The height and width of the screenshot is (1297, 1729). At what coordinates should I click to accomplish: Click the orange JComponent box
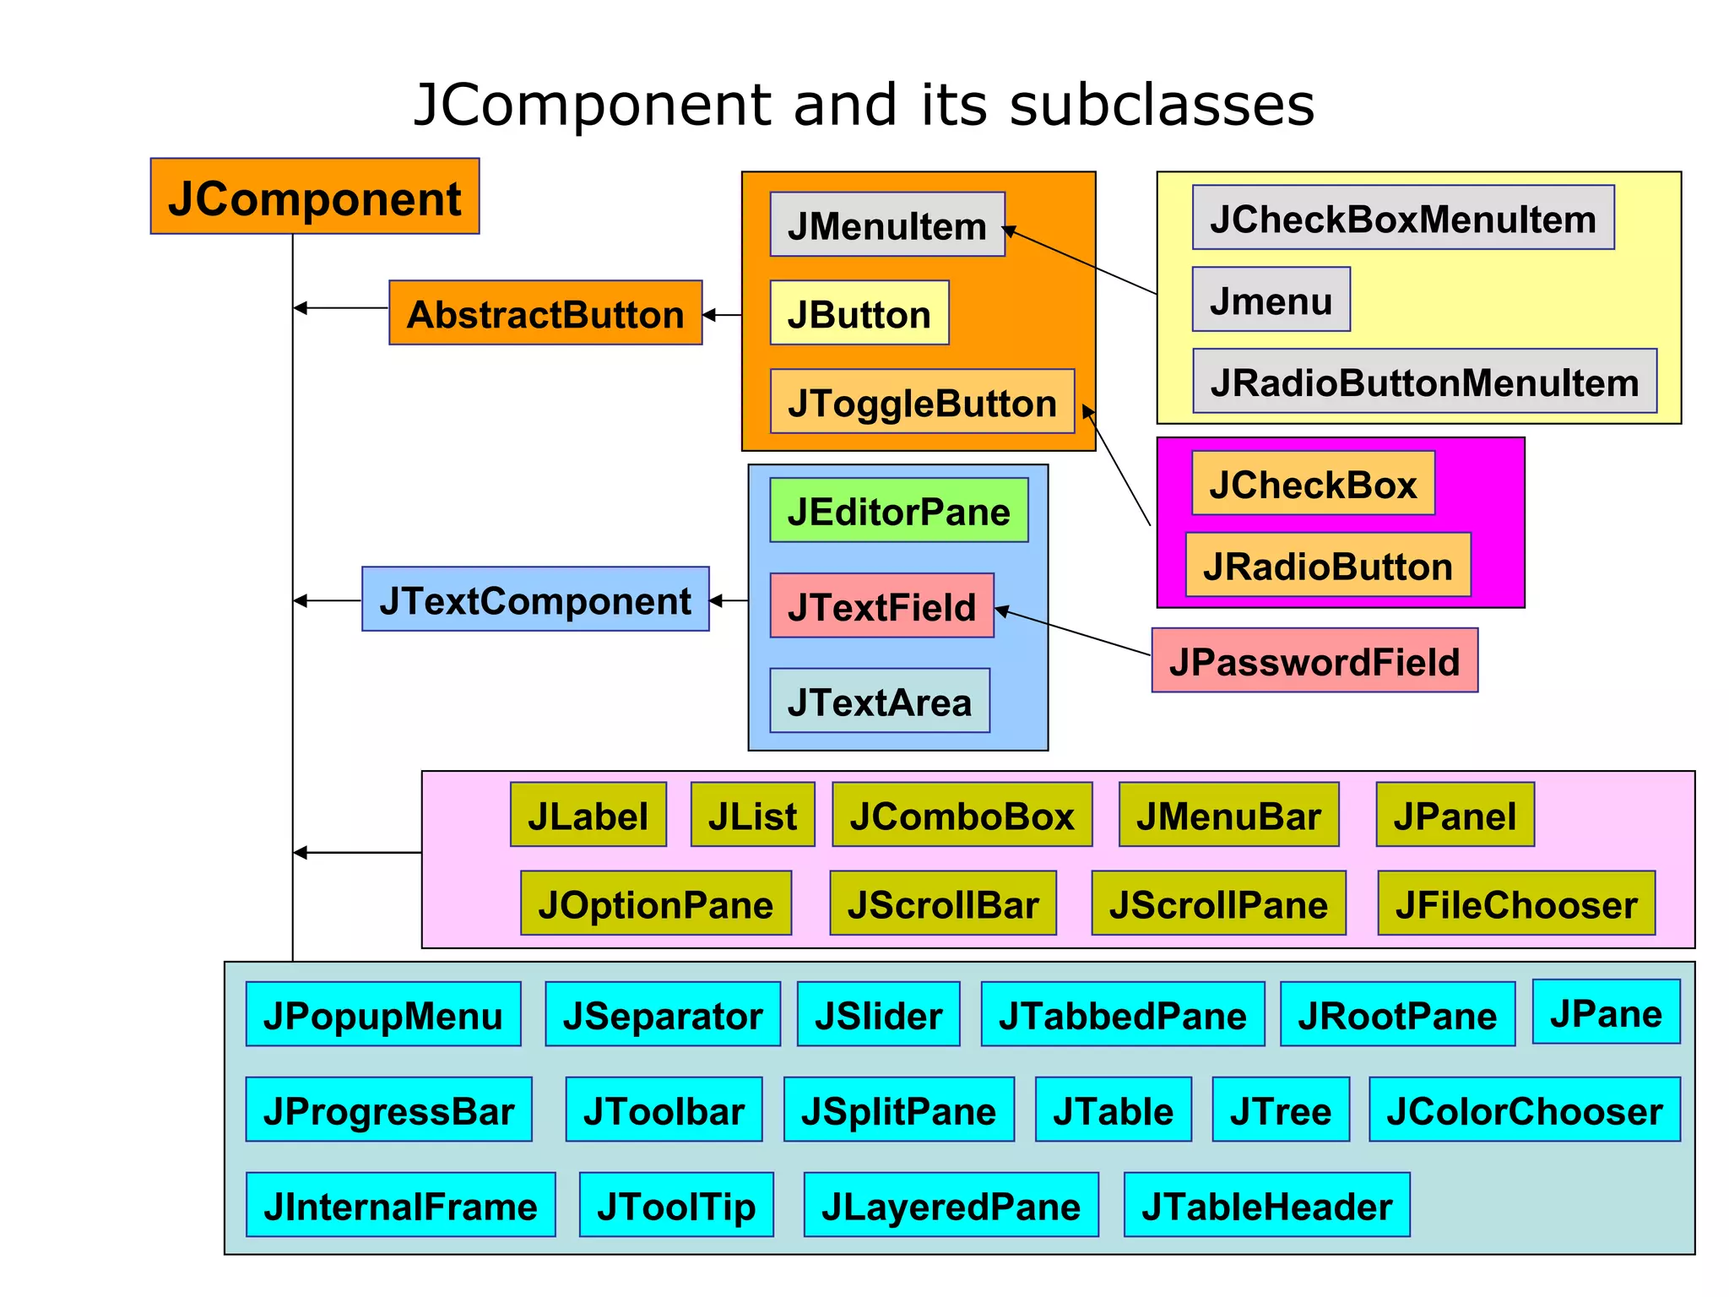(315, 196)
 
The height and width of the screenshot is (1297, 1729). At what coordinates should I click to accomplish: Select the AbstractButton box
(545, 312)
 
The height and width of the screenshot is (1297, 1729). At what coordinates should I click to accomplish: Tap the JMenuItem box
(887, 225)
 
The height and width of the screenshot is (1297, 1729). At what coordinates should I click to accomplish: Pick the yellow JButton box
(859, 312)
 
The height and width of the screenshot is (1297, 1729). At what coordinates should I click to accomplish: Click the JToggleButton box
(922, 401)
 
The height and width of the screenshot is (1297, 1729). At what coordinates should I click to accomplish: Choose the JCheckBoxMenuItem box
(1403, 218)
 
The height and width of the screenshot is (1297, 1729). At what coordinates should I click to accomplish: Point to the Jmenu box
(1271, 300)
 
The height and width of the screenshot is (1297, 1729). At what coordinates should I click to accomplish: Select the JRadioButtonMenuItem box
(1424, 381)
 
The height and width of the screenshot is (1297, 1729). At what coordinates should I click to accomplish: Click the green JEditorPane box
(899, 510)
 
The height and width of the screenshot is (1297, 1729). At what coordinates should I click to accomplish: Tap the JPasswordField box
(1314, 660)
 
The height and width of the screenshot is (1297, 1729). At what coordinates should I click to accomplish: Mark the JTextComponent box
(535, 600)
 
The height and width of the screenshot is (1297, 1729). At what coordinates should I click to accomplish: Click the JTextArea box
(880, 701)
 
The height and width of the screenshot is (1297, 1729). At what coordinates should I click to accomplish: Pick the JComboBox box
(962, 815)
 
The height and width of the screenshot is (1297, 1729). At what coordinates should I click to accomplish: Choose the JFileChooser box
(1516, 904)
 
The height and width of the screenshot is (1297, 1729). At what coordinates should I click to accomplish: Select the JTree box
(1281, 1110)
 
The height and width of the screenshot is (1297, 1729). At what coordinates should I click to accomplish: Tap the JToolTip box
(676, 1205)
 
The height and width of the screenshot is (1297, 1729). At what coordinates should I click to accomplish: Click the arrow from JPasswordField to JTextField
(1073, 632)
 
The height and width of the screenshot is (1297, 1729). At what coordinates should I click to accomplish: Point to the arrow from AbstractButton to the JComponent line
(341, 308)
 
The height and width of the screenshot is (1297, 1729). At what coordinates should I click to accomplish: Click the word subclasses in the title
(1162, 106)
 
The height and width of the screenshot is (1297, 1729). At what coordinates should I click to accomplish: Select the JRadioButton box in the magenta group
(1328, 565)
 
